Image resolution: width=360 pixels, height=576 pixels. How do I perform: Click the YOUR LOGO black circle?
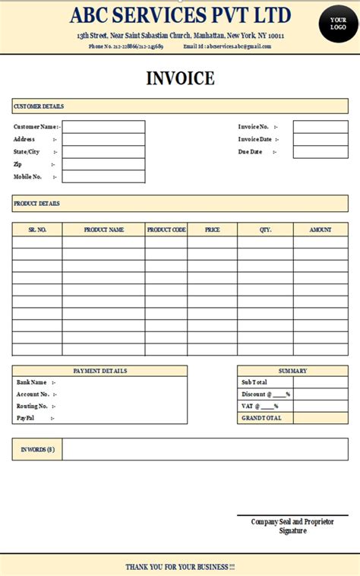338,23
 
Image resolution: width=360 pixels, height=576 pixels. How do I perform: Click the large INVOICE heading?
180,78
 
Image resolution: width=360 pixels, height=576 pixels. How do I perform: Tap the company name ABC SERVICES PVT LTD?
181,14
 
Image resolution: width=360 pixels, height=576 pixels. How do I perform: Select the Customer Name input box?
103,127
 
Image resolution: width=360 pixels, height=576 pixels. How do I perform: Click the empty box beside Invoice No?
321,127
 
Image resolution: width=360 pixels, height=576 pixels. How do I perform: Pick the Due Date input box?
321,152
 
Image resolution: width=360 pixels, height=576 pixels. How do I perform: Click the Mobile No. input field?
103,177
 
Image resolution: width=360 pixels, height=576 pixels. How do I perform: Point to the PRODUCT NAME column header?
103,229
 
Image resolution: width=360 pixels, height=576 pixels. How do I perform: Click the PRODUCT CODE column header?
166,229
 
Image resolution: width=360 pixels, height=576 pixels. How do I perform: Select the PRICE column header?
212,229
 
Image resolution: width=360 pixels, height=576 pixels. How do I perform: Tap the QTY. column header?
265,229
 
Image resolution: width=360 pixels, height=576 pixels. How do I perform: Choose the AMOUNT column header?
321,229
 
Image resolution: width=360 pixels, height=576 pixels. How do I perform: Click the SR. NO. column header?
37,229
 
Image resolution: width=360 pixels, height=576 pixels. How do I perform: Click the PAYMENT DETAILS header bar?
99,371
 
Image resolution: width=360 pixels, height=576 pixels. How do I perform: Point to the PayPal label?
26,418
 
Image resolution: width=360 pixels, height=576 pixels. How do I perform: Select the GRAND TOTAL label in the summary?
261,418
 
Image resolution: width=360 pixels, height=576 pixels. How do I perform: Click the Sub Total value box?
321,382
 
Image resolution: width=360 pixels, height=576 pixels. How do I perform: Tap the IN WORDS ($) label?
37,450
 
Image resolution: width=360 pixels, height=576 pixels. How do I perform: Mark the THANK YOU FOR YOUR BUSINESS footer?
180,567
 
